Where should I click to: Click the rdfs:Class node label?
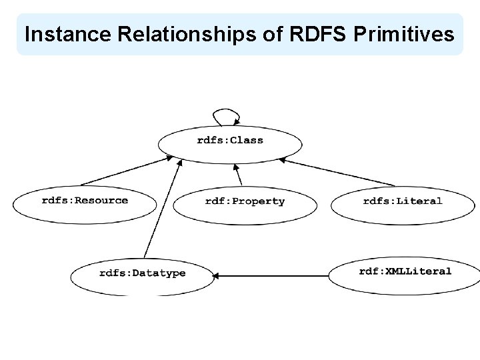pos(230,140)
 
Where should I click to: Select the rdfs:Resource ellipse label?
pos(85,200)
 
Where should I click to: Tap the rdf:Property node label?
pos(245,201)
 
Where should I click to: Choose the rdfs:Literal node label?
pos(403,201)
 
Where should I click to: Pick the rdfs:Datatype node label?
pos(143,273)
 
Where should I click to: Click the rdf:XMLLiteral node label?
pos(405,271)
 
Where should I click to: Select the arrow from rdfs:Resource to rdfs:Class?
pos(127,171)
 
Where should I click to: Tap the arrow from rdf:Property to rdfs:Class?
pos(239,175)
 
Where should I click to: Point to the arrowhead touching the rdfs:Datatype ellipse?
pos(218,274)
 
